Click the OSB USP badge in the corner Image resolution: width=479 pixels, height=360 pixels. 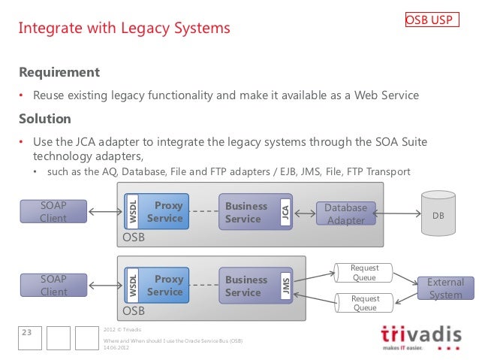pyautogui.click(x=429, y=20)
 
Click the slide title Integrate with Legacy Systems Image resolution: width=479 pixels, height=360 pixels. pyautogui.click(x=124, y=29)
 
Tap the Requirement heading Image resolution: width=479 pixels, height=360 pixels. pyautogui.click(x=59, y=72)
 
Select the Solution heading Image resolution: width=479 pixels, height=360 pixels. pyautogui.click(x=45, y=119)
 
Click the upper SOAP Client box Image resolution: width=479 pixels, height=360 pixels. pyautogui.click(x=53, y=212)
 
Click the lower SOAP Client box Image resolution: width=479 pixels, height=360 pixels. pyautogui.click(x=53, y=285)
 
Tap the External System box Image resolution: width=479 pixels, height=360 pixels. pyautogui.click(x=445, y=289)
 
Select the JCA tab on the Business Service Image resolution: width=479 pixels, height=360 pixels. pyautogui.click(x=285, y=213)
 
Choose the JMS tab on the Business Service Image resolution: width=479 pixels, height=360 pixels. pyautogui.click(x=285, y=286)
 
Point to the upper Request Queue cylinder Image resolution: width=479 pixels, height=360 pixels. pyautogui.click(x=364, y=273)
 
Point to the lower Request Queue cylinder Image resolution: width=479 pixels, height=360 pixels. pyautogui.click(x=364, y=303)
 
